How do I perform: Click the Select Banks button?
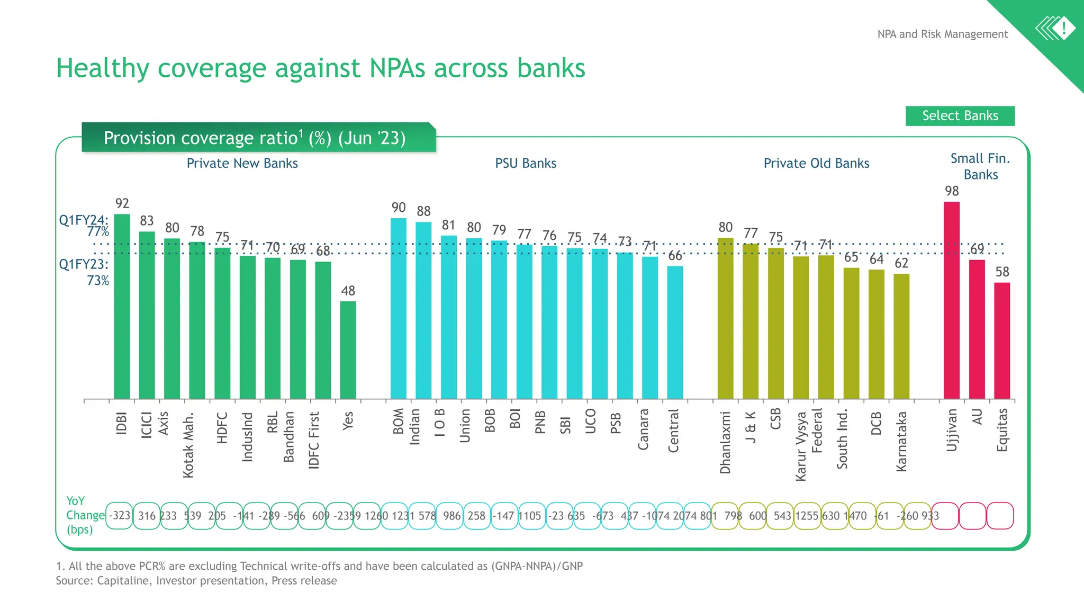[x=960, y=116]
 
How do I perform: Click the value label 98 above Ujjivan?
[x=952, y=191]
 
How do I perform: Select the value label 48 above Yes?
[x=348, y=291]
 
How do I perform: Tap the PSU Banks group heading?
[x=525, y=163]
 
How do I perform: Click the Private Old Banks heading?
[x=816, y=163]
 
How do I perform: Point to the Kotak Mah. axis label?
[x=188, y=445]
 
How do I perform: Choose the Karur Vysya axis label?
[x=801, y=446]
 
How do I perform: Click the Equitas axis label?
[x=1001, y=430]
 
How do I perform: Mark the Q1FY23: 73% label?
[x=85, y=272]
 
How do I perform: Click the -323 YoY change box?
[x=120, y=516]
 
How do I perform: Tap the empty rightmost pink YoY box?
[x=1000, y=516]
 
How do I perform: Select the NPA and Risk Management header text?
[x=942, y=34]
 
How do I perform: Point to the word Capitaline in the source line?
[x=123, y=580]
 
